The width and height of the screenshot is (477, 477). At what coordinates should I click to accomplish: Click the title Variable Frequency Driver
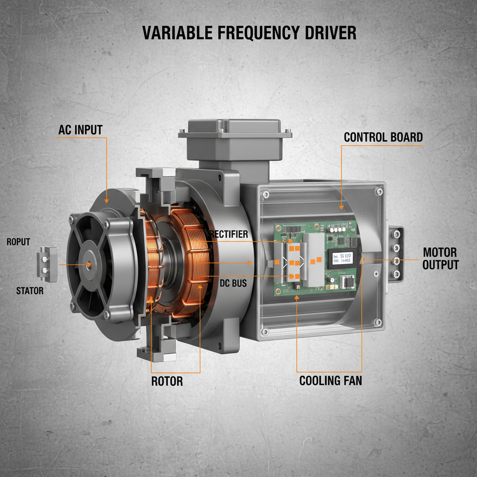coord(249,33)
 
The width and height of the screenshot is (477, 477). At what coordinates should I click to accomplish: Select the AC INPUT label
coord(80,130)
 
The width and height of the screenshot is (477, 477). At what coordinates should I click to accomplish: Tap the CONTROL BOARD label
coord(383,137)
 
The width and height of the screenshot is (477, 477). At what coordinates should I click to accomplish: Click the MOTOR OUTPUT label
coord(440,259)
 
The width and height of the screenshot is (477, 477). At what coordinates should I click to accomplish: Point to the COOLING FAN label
coord(330,380)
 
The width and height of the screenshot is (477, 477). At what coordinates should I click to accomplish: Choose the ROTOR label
coord(167,381)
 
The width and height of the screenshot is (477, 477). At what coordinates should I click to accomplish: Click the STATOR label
coord(30,291)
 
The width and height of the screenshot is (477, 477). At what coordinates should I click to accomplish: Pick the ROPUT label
coord(18,242)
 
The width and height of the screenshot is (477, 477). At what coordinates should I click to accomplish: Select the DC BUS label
coord(232,282)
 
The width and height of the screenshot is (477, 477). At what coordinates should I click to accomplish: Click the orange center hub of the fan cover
coord(89,264)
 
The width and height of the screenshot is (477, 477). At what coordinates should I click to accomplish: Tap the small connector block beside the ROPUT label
coord(46,264)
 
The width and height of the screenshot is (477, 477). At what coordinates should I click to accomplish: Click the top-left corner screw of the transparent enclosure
coord(265,194)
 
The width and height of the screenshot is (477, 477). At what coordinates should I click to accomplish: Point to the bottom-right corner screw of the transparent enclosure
coord(379,322)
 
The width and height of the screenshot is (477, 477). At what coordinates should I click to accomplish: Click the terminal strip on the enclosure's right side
coord(397,254)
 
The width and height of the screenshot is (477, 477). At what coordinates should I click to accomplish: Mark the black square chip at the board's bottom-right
coord(347,282)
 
